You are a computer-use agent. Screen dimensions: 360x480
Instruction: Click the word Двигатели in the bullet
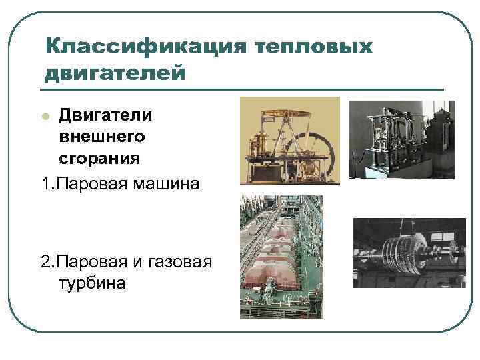tap(105, 115)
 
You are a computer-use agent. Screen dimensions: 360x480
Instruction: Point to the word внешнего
tap(101, 136)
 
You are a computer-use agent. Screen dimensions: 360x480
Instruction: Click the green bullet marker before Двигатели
tap(45, 116)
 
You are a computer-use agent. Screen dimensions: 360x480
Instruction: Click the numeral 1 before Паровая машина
tap(45, 181)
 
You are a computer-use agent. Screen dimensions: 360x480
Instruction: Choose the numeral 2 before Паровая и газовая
tap(45, 260)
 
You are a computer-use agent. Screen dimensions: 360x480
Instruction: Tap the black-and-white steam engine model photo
tap(401, 139)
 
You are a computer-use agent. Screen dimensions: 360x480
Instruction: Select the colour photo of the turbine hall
tap(281, 257)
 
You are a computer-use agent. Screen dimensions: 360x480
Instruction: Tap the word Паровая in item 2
tap(91, 260)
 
